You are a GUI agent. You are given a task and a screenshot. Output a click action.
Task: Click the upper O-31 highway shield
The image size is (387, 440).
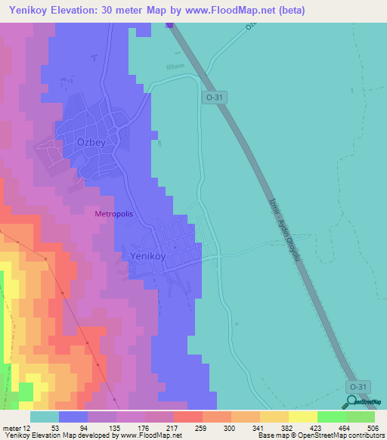[214, 98]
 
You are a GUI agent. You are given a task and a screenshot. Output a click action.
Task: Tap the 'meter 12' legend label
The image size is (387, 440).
[15, 427]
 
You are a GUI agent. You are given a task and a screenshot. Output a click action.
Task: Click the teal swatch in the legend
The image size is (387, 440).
[45, 417]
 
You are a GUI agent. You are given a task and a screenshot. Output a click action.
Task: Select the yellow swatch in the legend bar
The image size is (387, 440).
[302, 417]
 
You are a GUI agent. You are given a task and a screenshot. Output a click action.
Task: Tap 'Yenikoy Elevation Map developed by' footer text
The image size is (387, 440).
[51, 435]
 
